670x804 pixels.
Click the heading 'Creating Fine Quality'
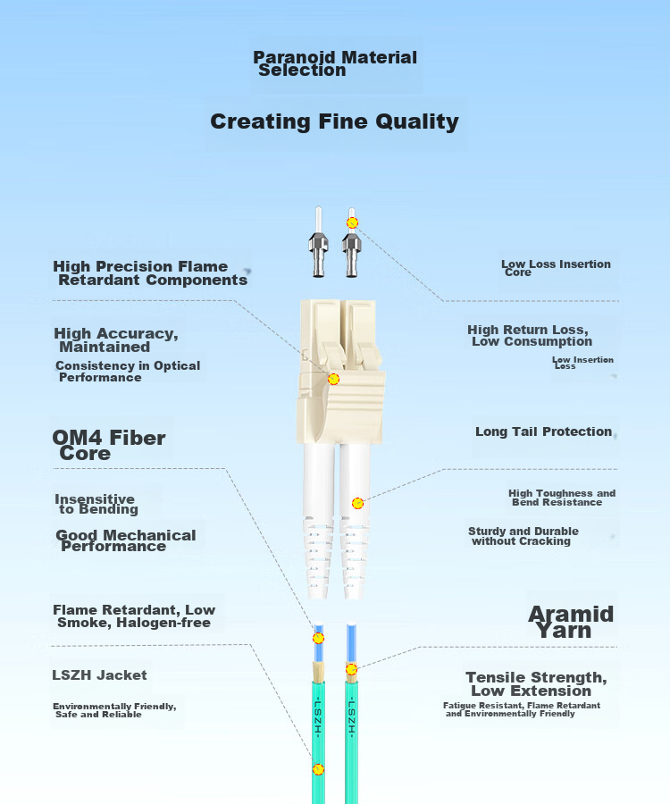point(334,122)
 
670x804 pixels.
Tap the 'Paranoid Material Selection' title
point(335,64)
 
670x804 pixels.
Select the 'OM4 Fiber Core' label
point(109,445)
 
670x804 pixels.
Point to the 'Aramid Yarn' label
point(571,622)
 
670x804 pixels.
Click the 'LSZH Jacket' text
point(99,674)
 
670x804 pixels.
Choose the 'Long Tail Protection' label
point(543,431)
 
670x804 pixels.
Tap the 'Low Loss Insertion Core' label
point(556,268)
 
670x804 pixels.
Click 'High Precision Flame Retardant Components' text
point(150,272)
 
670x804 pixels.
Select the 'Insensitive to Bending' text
point(96,504)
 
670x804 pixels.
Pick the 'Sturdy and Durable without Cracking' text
point(523,536)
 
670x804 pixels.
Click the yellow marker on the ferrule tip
point(352,222)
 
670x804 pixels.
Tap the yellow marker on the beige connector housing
point(334,379)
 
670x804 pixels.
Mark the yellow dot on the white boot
point(358,503)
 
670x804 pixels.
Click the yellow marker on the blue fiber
point(318,638)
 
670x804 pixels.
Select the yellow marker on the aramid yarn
point(351,669)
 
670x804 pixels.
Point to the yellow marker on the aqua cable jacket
point(318,769)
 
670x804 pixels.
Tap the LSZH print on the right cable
point(352,716)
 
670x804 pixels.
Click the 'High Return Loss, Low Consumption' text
point(530,335)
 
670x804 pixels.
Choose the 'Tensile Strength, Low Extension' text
point(536,684)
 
